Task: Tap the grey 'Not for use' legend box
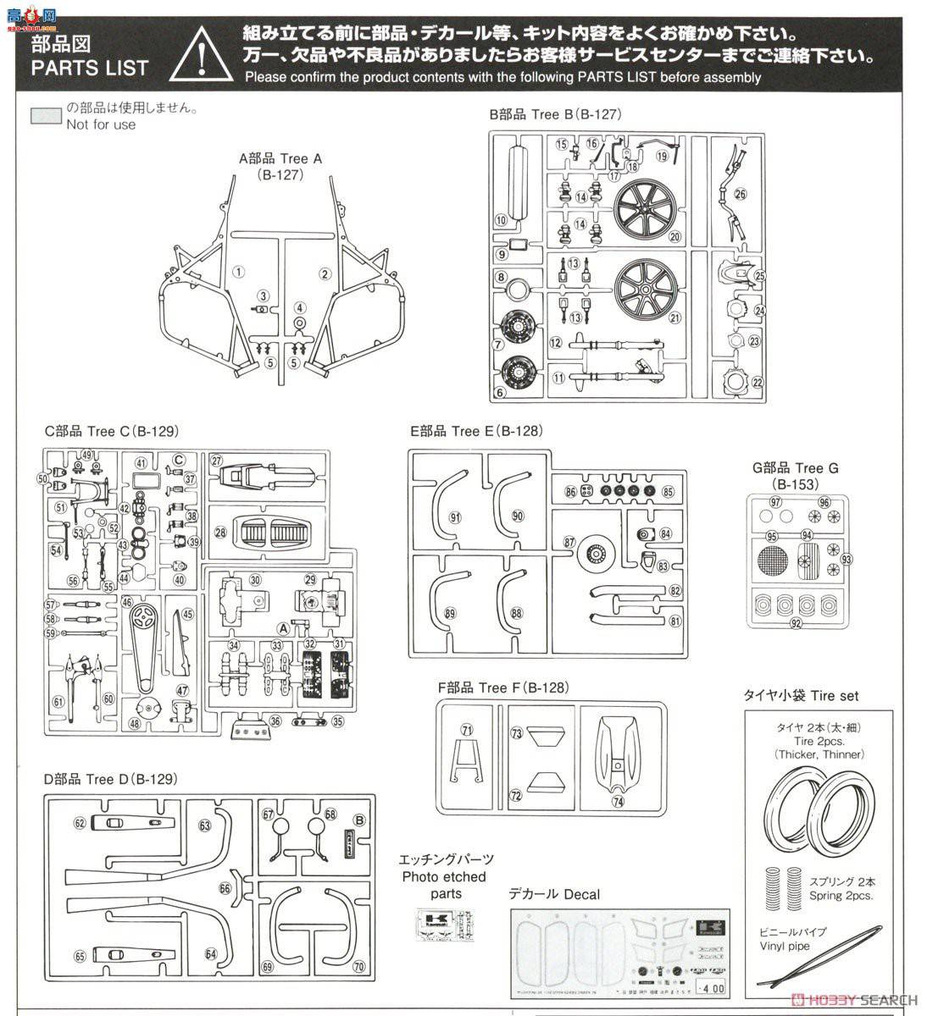[46, 116]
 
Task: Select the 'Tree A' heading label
[280, 158]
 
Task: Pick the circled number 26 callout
[740, 194]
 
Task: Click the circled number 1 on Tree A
[239, 272]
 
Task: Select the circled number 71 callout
[467, 730]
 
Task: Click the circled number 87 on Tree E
[569, 542]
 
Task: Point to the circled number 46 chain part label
[127, 602]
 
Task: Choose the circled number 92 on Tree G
[796, 624]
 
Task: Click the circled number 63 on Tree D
[204, 825]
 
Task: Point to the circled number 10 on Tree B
[501, 220]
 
